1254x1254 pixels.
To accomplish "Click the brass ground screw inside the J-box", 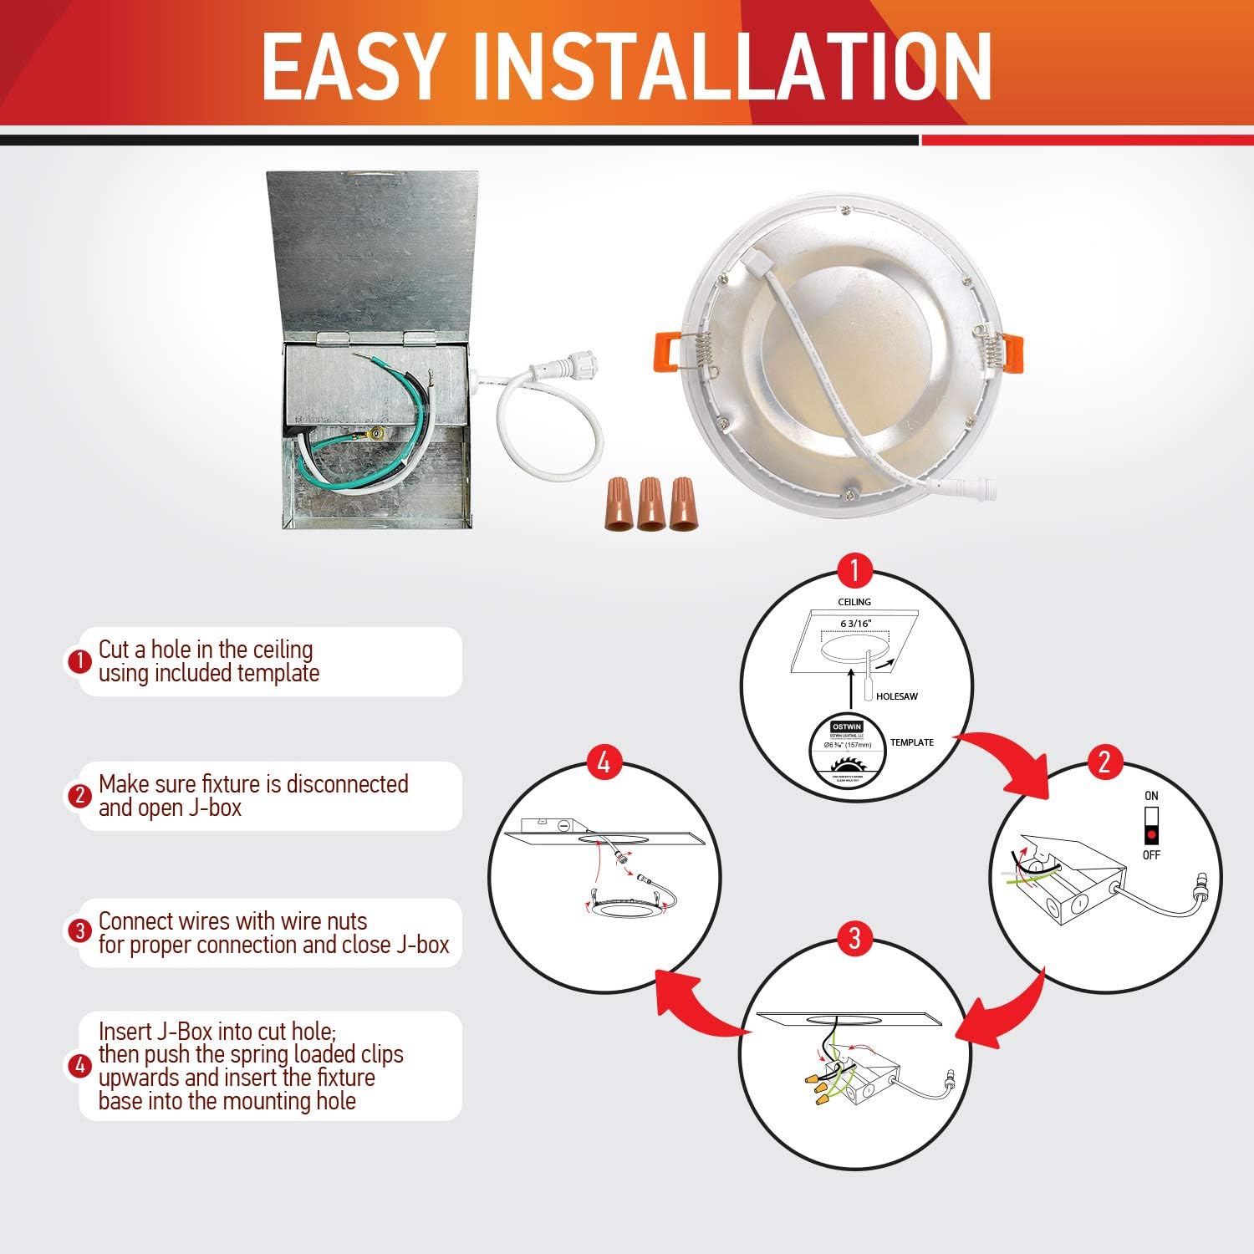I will coord(375,435).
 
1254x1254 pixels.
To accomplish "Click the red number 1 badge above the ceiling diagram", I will coord(854,571).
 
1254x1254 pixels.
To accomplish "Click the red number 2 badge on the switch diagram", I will coord(1104,762).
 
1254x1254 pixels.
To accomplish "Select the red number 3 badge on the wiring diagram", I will coord(854,937).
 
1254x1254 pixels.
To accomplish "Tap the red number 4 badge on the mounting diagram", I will coord(604,762).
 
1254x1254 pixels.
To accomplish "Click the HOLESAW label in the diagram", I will coord(897,696).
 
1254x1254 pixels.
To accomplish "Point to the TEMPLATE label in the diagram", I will coord(912,742).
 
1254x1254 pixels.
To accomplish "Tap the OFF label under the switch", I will coord(1151,855).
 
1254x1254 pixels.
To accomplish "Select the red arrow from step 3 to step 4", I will coord(694,1003).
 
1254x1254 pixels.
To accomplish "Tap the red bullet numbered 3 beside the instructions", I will coord(79,931).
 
